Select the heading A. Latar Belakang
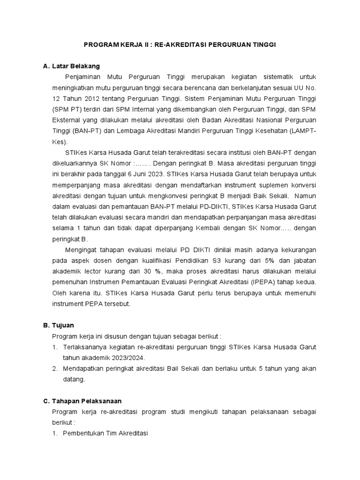click(71, 66)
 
